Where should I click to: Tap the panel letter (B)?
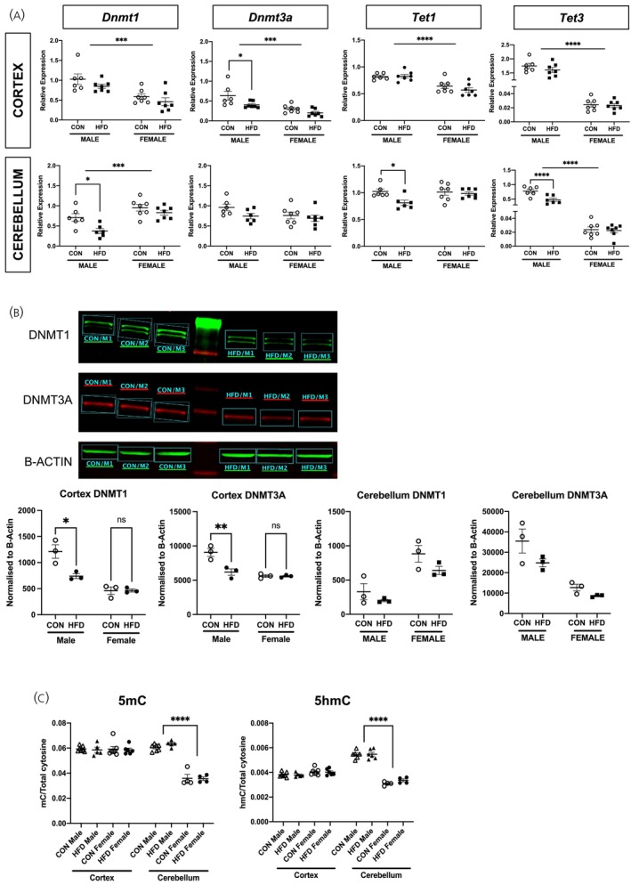click(x=17, y=313)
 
